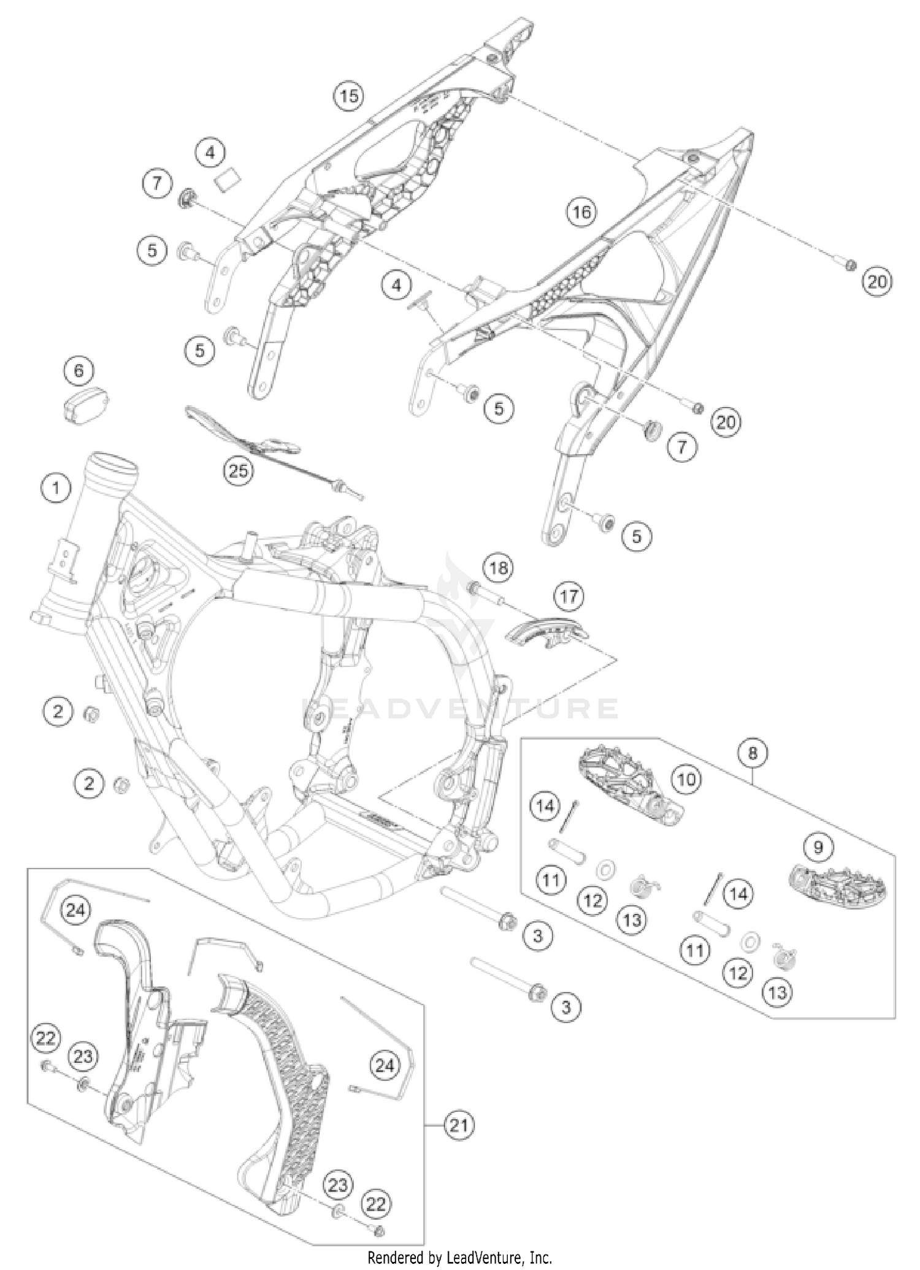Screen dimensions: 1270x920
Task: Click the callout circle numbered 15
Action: [348, 96]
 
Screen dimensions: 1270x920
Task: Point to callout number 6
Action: [79, 371]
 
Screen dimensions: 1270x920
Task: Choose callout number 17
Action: [569, 595]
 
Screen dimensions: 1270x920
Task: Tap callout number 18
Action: [498, 568]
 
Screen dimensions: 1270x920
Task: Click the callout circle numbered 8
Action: [753, 753]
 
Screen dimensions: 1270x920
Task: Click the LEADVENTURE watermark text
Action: [460, 709]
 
